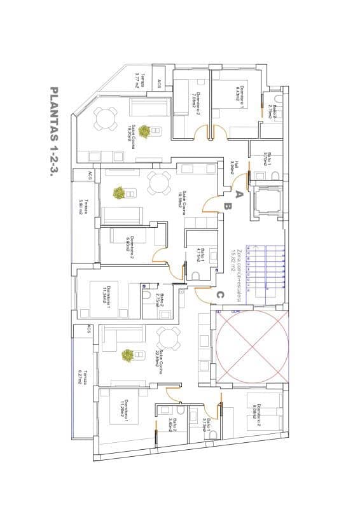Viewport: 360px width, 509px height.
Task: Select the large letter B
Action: tap(226, 206)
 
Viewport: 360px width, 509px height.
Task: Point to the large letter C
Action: tap(219, 295)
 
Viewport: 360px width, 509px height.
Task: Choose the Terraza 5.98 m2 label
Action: tap(82, 207)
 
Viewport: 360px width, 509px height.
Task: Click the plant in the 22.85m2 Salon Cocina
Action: tap(128, 354)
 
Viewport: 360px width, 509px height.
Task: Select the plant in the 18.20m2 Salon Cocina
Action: tap(145, 131)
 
